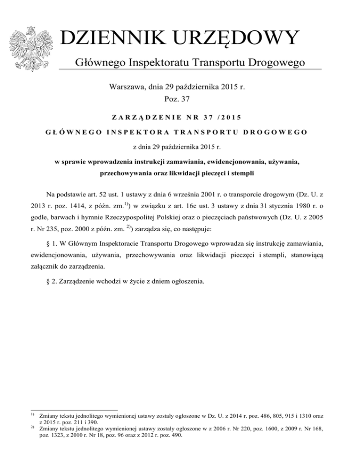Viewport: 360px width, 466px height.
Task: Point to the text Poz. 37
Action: coord(180,99)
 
